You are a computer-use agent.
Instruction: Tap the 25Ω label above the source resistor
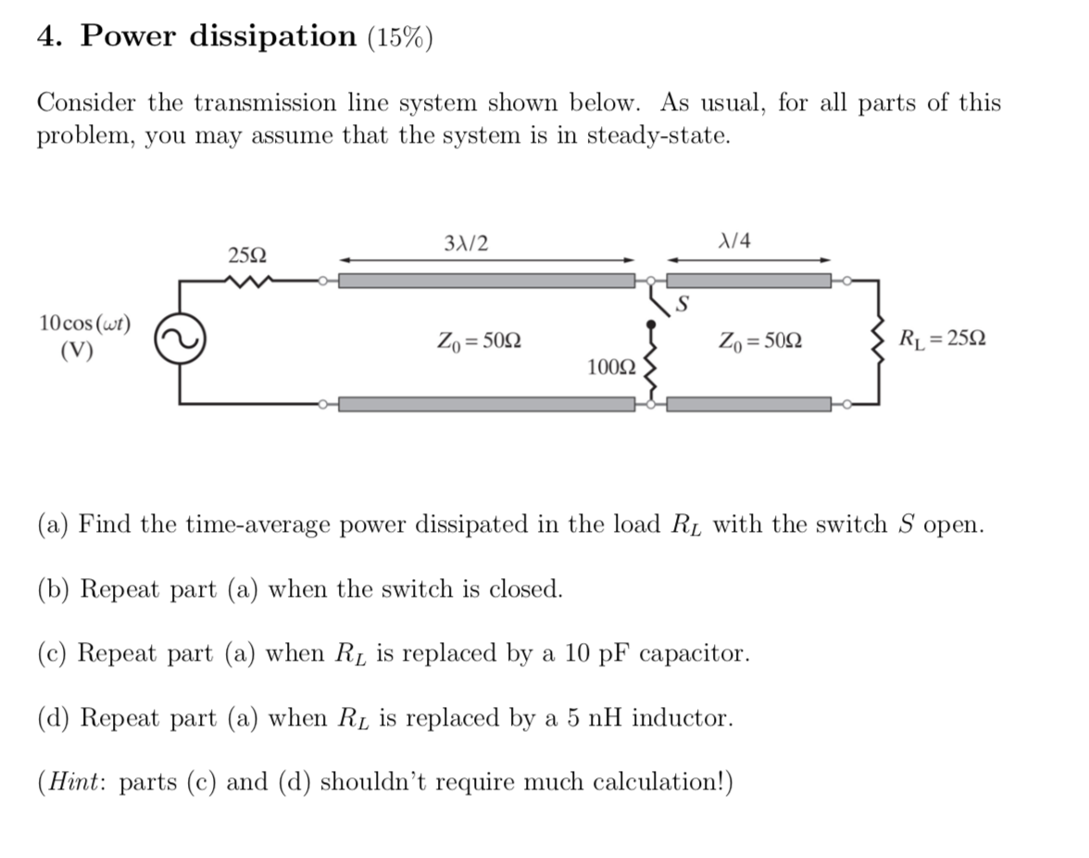248,254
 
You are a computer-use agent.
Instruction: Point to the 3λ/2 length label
467,243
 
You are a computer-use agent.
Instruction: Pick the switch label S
684,301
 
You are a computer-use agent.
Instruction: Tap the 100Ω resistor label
612,368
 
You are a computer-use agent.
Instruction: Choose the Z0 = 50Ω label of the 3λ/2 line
479,341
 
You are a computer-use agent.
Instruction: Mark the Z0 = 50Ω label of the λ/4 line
760,341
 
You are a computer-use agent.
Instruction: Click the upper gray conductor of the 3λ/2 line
487,281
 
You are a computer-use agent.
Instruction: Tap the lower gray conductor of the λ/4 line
749,404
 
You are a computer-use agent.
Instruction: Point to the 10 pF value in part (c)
581,653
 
